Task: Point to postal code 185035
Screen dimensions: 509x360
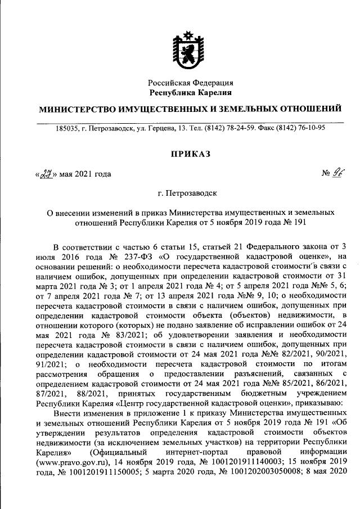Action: [x=67, y=128]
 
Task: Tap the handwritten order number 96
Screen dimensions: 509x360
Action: [x=336, y=173]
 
